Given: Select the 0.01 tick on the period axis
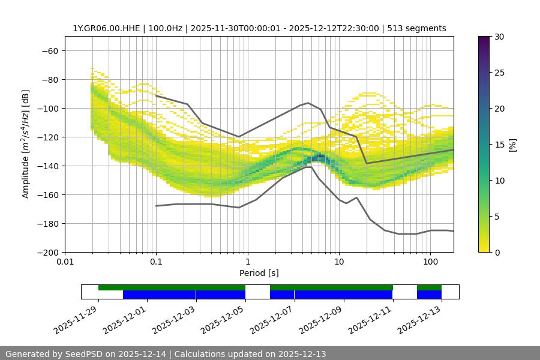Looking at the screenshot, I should click(65, 262).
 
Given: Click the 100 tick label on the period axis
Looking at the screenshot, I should click(430, 262).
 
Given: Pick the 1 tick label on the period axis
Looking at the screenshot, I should click(247, 262).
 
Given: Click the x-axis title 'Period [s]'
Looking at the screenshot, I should click(259, 273).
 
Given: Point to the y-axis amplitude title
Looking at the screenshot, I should click(25, 144).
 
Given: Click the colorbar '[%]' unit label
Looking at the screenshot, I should click(512, 145).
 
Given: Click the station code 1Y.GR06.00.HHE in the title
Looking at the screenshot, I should click(107, 28).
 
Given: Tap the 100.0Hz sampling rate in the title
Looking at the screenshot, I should click(167, 28).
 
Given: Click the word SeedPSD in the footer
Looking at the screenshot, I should click(85, 354).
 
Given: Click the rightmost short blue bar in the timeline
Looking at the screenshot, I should click(429, 295).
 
